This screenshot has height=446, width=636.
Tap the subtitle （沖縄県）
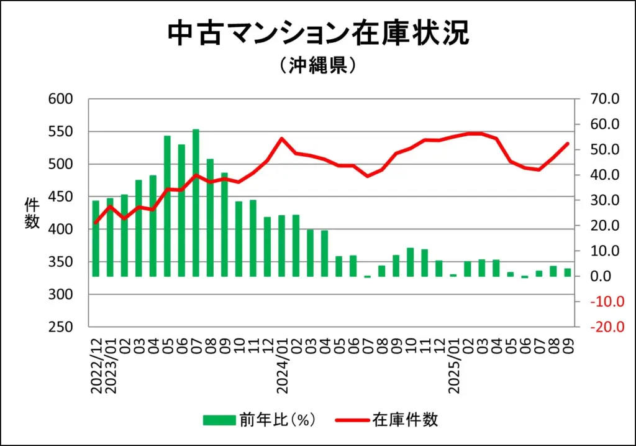coord(317,66)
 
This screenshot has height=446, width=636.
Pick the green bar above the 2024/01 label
coord(281,245)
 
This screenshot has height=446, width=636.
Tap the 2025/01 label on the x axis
coord(454,367)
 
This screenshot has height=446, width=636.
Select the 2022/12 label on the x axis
coord(96,367)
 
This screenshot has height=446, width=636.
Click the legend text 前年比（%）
coord(278,420)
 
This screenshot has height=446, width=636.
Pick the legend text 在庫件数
coord(405,420)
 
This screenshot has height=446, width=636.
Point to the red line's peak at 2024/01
coord(281,139)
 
